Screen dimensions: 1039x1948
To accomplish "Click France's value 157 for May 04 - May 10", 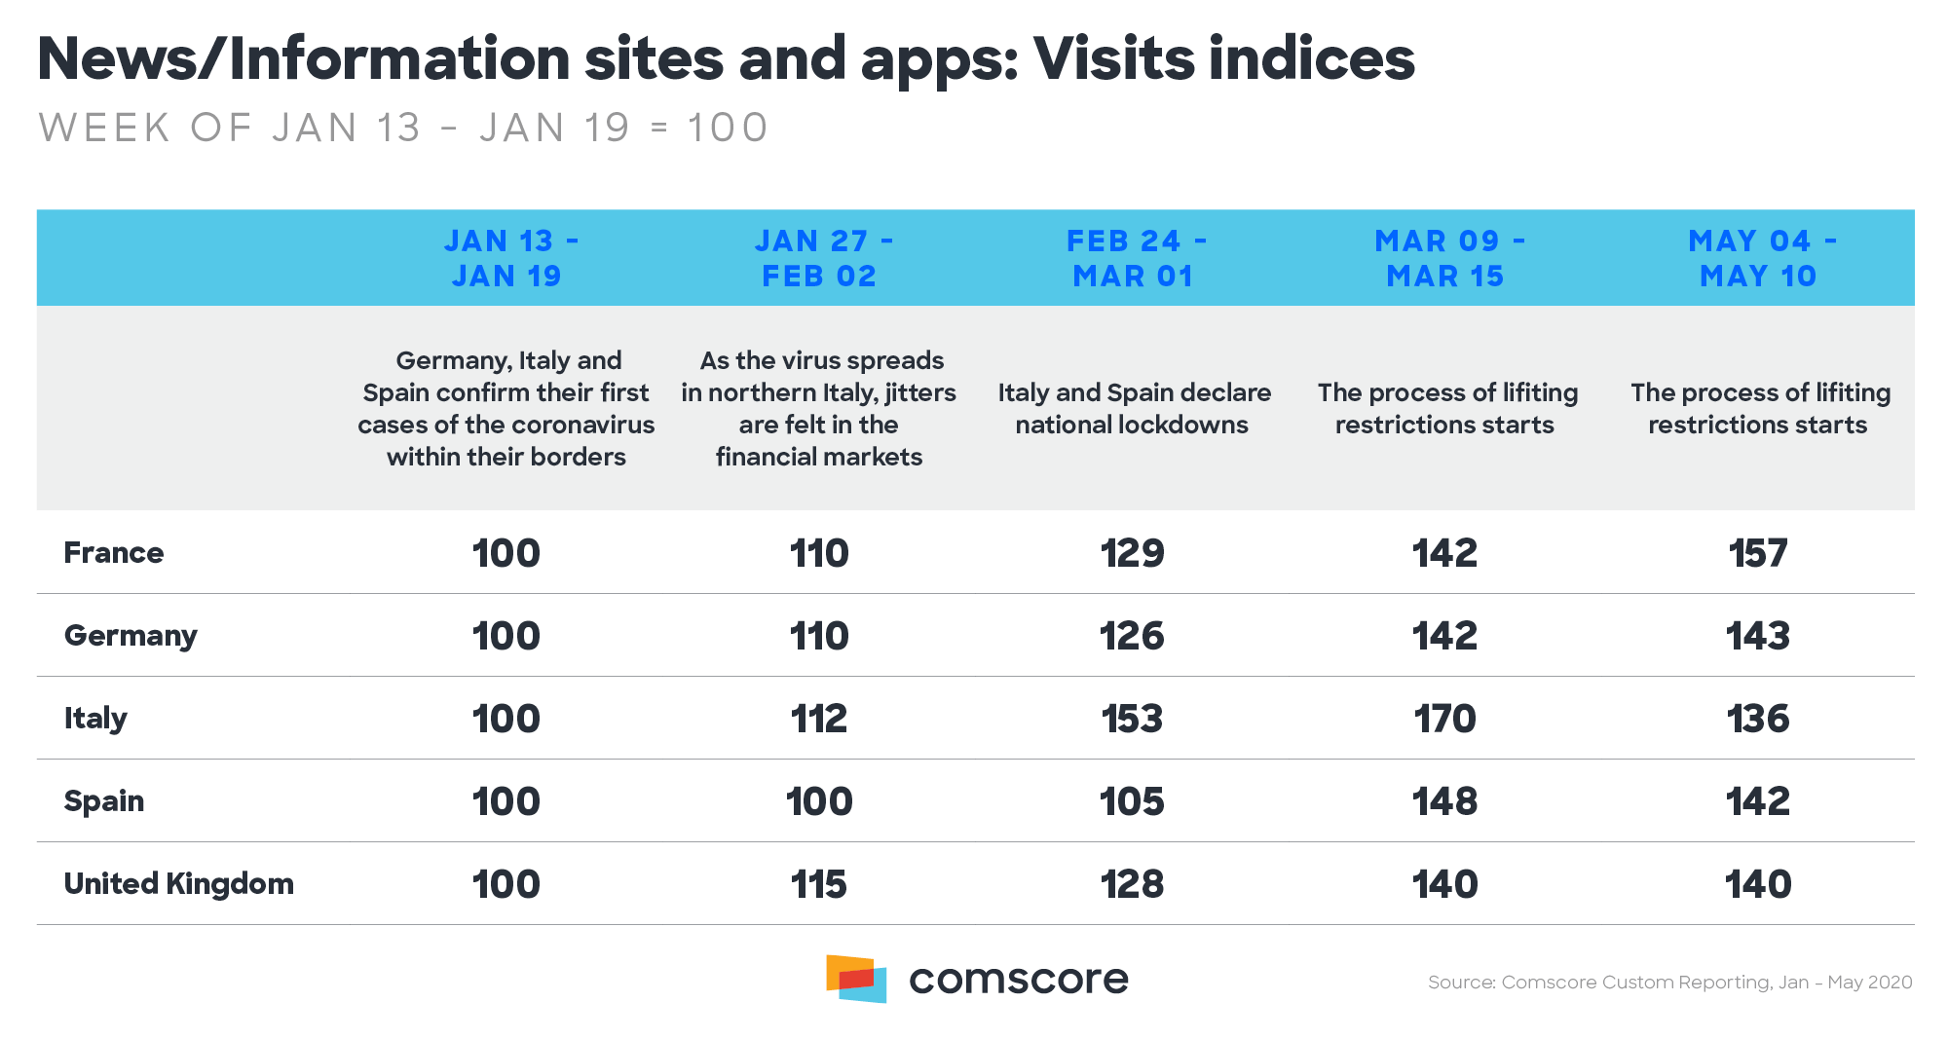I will (x=1757, y=553).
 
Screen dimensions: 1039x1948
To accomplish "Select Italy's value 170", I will (x=1444, y=719).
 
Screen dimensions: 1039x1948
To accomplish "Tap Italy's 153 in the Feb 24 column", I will (x=1132, y=719).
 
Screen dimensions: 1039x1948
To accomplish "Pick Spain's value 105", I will (x=1132, y=801).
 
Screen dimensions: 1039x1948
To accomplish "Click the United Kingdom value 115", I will (x=818, y=884).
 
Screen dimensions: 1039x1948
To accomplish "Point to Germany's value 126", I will (x=1132, y=636).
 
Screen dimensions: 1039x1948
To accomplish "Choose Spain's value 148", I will (x=1444, y=801).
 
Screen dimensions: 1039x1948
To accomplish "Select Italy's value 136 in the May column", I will (x=1757, y=719).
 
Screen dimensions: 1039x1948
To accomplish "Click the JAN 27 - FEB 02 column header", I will (x=820, y=258).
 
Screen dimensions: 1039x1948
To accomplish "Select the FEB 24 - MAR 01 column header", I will (x=1134, y=258).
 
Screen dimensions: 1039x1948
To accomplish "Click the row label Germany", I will (x=131, y=636).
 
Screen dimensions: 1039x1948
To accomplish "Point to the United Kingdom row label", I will (x=178, y=884).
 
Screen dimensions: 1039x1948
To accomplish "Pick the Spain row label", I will (x=104, y=801).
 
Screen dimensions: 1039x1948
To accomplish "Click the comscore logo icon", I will (x=856, y=978).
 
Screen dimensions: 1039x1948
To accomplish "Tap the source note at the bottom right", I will (x=1669, y=983).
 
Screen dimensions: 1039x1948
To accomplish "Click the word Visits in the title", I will (x=1111, y=58).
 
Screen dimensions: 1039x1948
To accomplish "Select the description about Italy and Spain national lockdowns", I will (x=1134, y=409).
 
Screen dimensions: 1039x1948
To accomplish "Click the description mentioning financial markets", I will (x=819, y=409).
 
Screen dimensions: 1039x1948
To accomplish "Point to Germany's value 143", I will (x=1757, y=636).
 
